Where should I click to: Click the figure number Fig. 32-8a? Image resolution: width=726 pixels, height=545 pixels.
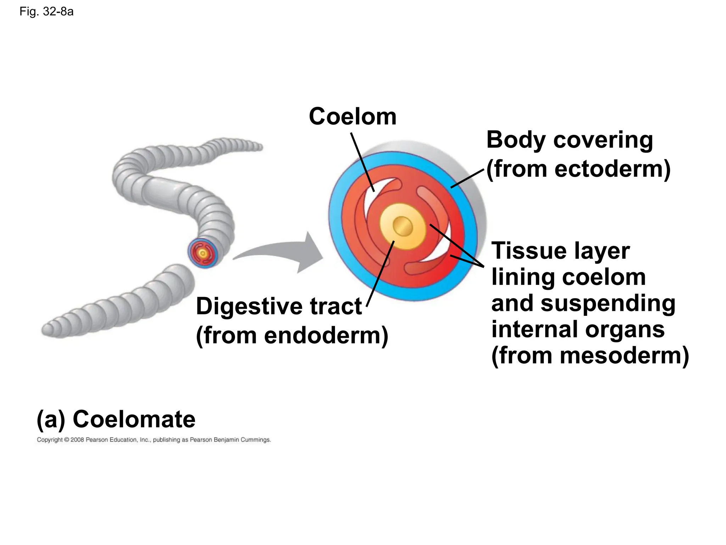[46, 12]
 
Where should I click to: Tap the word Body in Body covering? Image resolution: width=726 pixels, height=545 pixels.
[516, 140]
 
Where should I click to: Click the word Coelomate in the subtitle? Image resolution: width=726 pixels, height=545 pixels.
[134, 419]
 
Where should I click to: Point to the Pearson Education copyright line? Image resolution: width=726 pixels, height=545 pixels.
[154, 440]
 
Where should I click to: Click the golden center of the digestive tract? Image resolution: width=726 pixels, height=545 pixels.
[403, 226]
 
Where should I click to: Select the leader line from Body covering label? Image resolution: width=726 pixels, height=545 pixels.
[467, 178]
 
